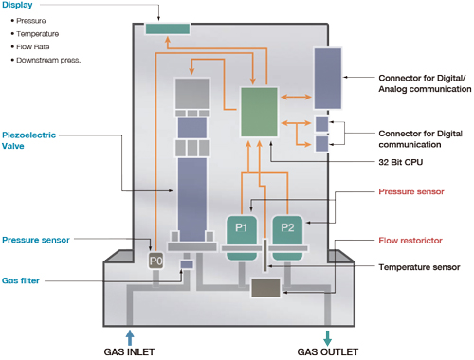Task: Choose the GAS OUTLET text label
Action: (x=328, y=351)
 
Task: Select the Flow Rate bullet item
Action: (x=33, y=45)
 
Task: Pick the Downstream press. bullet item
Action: (x=47, y=60)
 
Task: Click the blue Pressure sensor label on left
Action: (x=34, y=240)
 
